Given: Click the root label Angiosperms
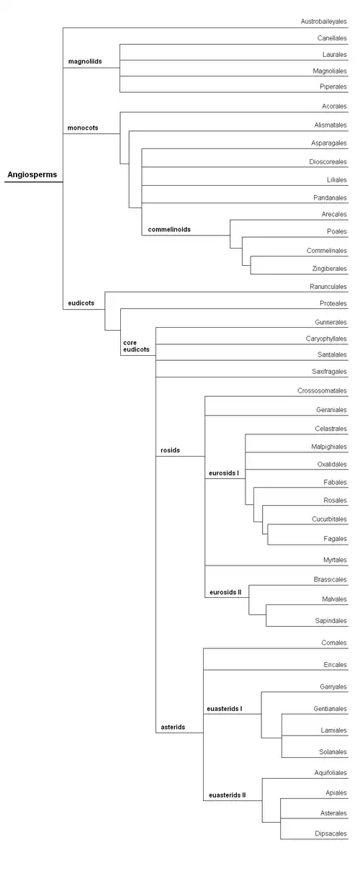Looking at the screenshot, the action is [x=32, y=174].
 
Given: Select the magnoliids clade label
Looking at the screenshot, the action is [x=85, y=61].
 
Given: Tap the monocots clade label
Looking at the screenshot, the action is [x=83, y=128].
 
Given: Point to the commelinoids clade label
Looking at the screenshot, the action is [x=169, y=229].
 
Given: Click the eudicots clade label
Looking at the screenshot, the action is [x=81, y=303].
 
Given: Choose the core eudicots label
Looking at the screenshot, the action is [x=136, y=346].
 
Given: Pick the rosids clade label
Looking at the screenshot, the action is [x=170, y=450].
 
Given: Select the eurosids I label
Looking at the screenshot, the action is [x=224, y=473].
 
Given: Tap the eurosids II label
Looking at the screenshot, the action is [x=225, y=592].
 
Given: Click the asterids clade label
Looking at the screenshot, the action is [x=173, y=728].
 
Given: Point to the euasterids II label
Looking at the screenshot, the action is [x=228, y=795].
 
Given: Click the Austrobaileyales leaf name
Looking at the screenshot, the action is [x=324, y=22].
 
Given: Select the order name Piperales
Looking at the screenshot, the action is [x=333, y=86].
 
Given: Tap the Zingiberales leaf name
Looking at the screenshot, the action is [x=329, y=269].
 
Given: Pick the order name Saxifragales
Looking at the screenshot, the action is [x=329, y=371].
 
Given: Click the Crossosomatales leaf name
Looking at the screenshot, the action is [x=322, y=390].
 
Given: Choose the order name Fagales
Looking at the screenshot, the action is [x=336, y=539].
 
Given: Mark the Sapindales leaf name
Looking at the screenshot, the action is [x=331, y=621].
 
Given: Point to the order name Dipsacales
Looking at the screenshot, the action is [x=331, y=833].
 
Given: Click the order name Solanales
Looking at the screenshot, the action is [x=333, y=751].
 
